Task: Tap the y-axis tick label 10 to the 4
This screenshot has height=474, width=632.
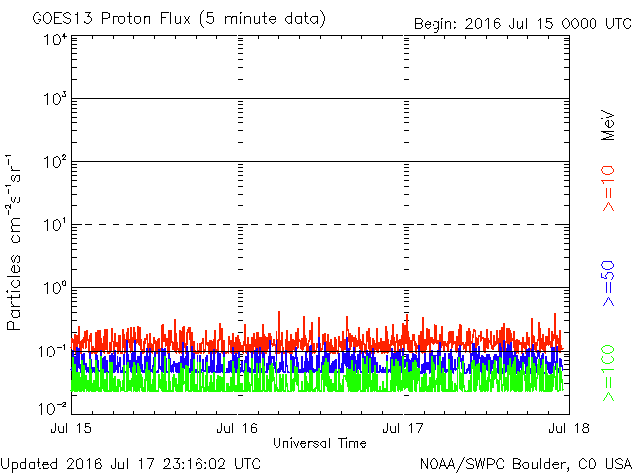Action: point(55,40)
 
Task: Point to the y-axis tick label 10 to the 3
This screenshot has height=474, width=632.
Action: point(55,99)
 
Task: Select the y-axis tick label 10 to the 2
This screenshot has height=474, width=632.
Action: point(55,162)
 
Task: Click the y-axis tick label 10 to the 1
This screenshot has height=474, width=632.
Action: point(55,225)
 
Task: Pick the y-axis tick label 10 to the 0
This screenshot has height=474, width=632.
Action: point(55,288)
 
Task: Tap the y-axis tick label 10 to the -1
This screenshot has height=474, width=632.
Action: point(52,352)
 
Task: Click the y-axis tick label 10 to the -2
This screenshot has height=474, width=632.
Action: point(52,409)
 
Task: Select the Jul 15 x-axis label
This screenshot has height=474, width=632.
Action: point(71,428)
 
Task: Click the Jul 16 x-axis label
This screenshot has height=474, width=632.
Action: point(237,428)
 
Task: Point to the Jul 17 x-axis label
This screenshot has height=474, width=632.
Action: point(403,428)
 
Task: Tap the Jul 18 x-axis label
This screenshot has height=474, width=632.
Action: point(569,428)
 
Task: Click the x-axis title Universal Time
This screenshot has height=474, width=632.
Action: point(320,443)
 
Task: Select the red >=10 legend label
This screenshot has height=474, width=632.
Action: point(608,189)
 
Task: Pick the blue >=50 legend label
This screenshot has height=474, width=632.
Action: point(608,283)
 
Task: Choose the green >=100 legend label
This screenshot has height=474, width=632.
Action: point(608,373)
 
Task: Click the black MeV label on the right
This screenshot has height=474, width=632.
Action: point(608,125)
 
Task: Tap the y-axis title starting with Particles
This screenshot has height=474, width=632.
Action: point(13,242)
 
